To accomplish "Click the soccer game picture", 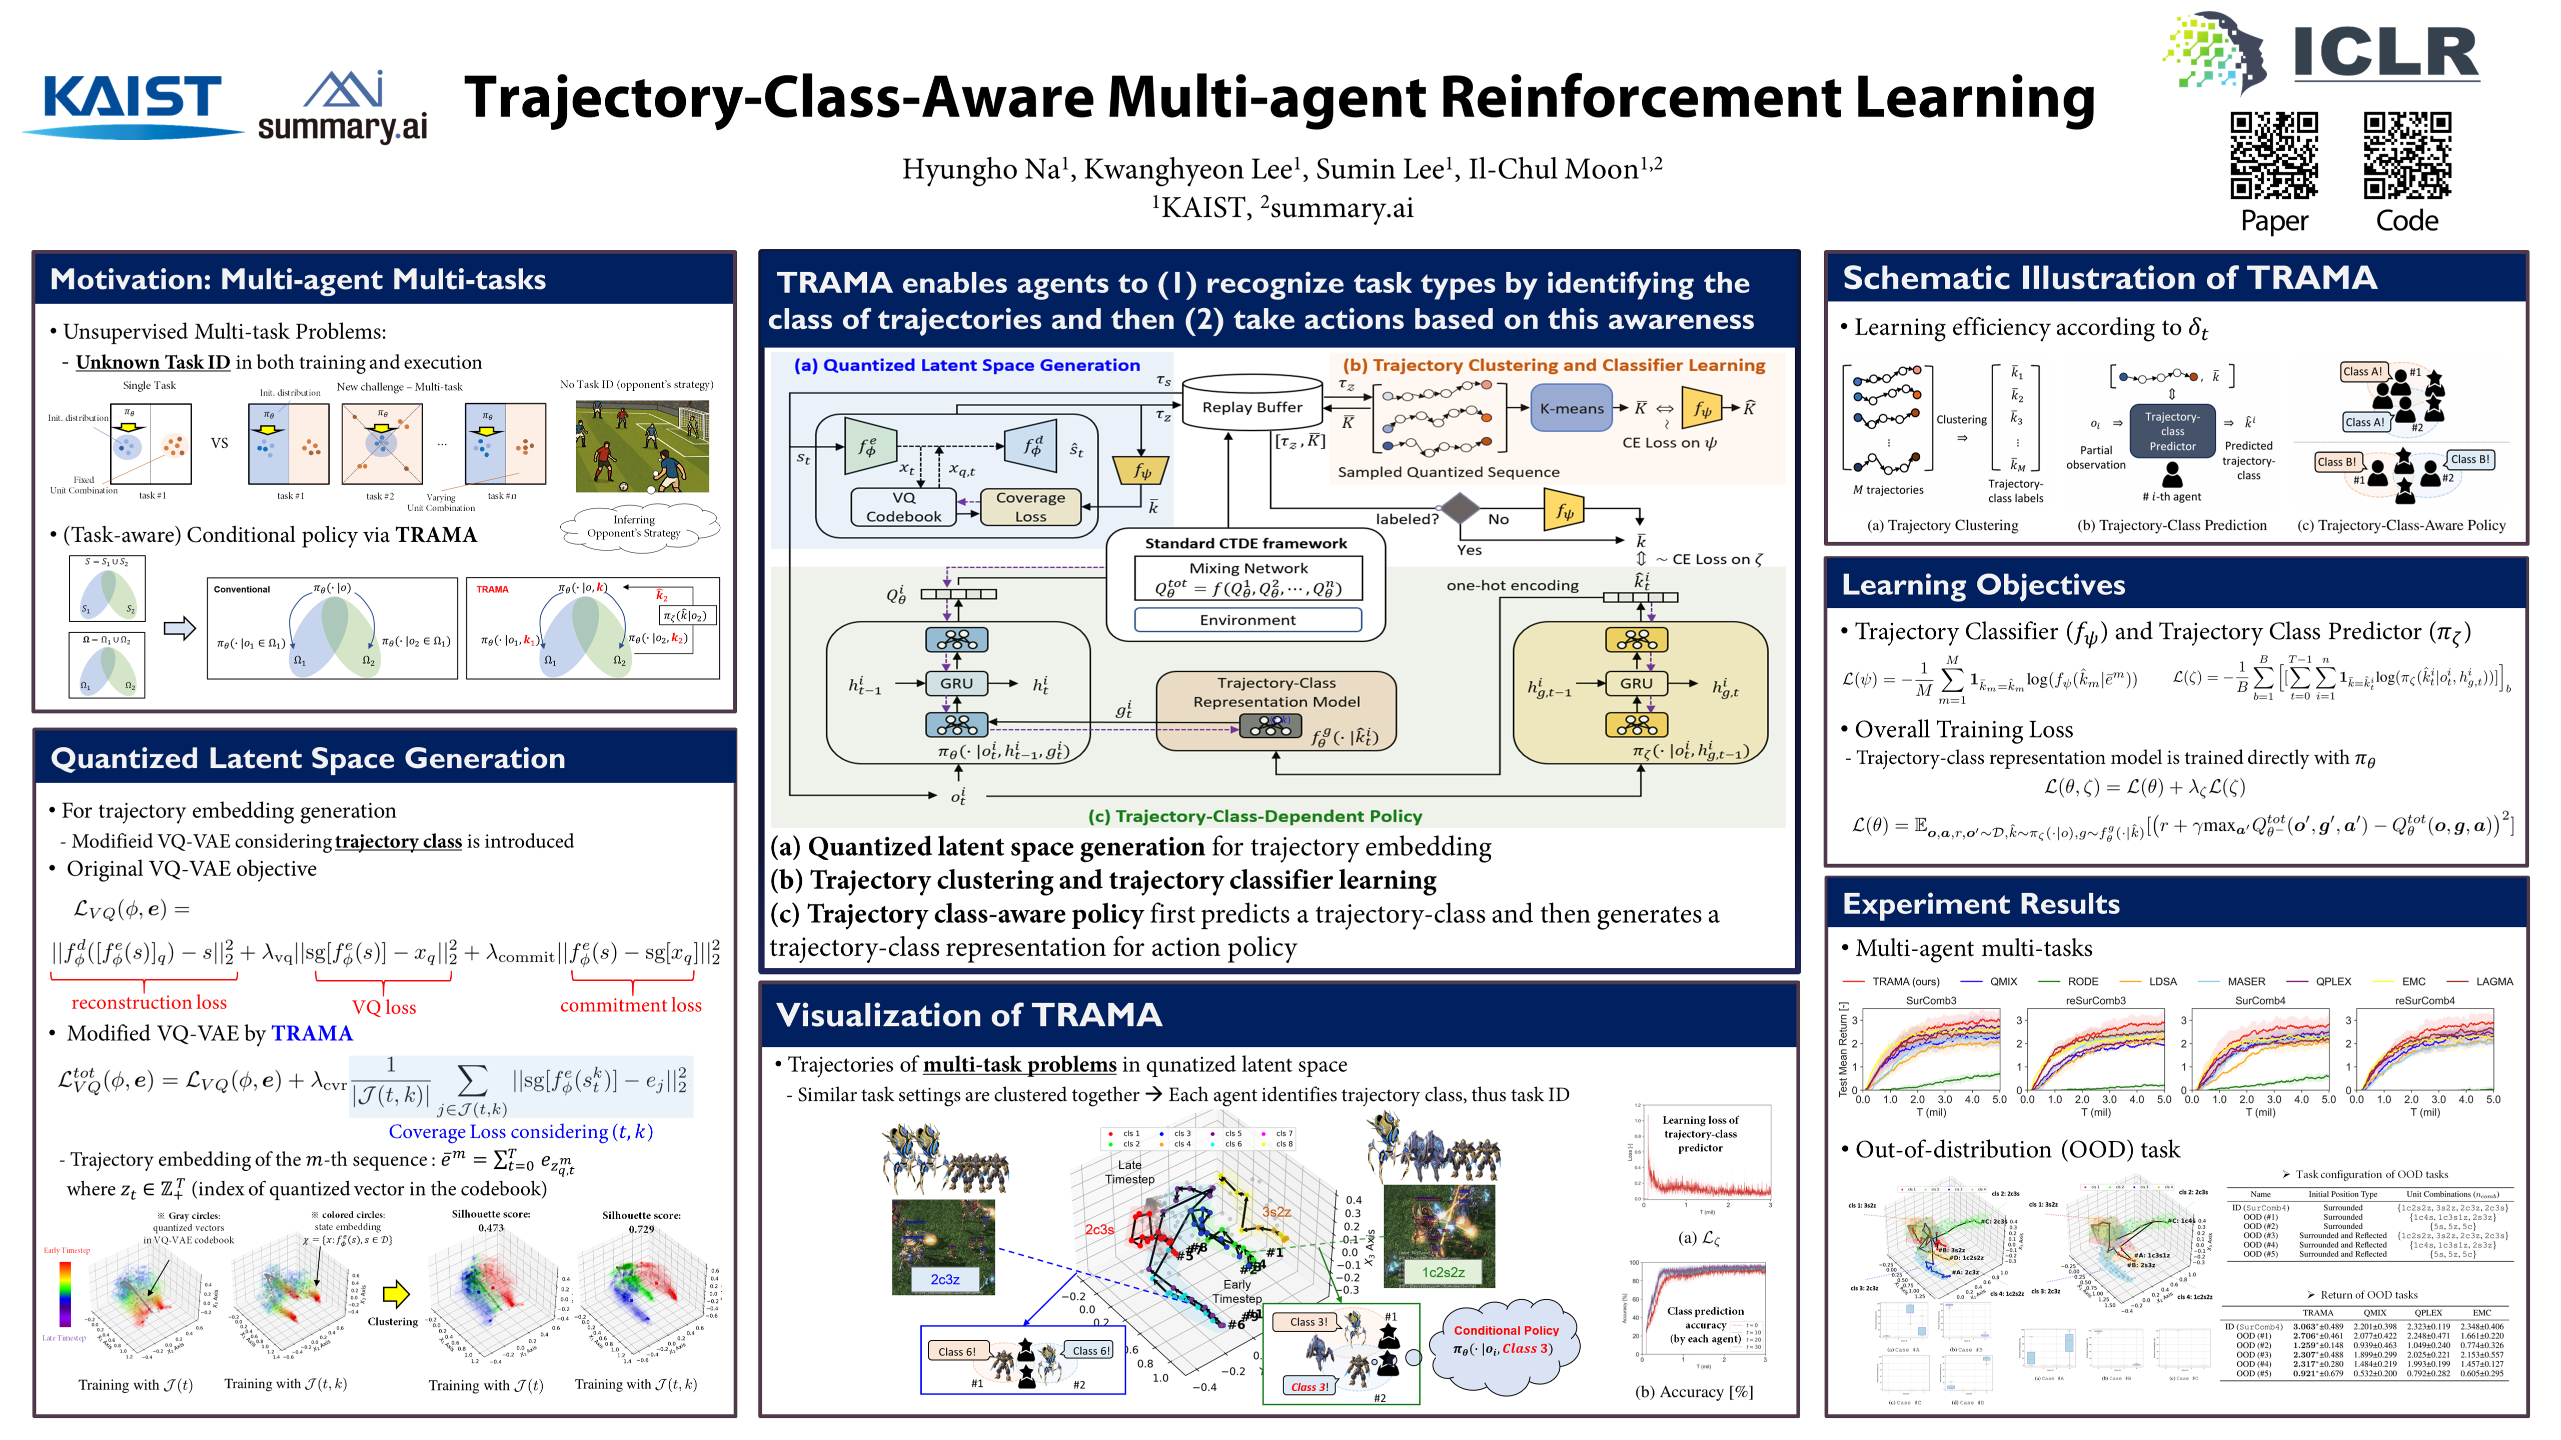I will coord(642,447).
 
